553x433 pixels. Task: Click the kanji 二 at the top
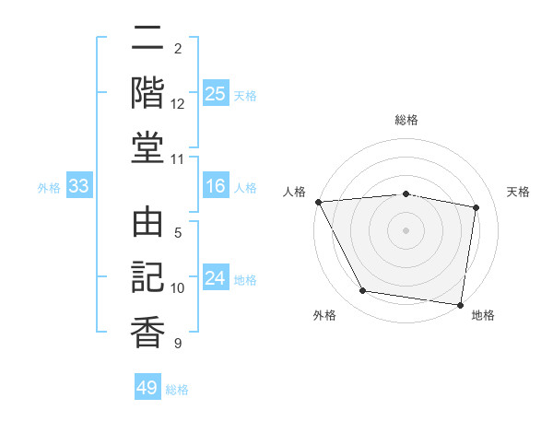pos(147,39)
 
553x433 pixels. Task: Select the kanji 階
pos(147,91)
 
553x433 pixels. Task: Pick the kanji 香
pos(147,330)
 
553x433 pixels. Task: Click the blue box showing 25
pos(216,94)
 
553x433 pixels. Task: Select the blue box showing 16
pos(216,187)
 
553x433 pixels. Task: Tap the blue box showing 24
pos(216,279)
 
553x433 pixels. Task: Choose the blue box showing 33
pos(79,187)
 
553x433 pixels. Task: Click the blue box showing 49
pos(147,388)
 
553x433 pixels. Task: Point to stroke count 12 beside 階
pos(178,103)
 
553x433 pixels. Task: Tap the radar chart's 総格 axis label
pos(406,120)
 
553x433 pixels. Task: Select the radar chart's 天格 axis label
pos(519,192)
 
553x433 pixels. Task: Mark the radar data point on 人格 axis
pos(318,202)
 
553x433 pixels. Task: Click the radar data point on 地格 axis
pos(461,304)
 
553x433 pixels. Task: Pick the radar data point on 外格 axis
pos(363,291)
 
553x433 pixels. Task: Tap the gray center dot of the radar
pos(406,229)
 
